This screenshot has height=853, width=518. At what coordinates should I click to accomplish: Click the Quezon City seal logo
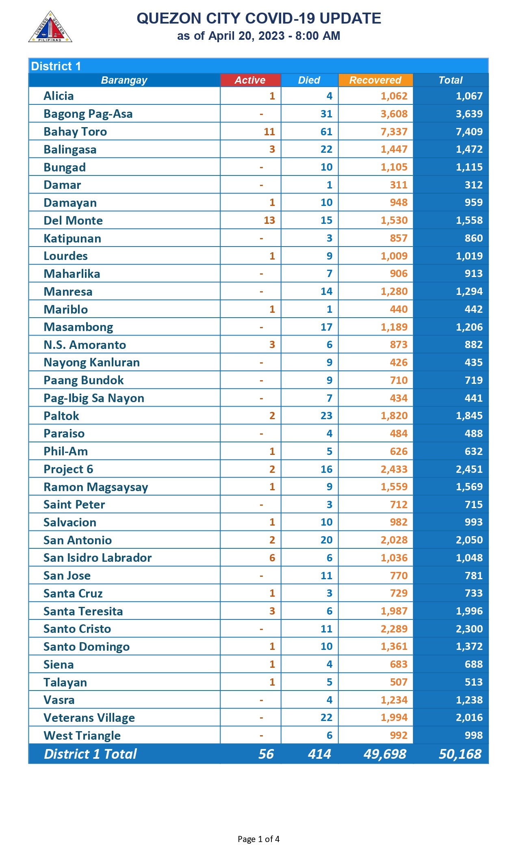point(50,27)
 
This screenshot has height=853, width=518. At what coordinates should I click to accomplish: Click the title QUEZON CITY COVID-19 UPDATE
point(259,19)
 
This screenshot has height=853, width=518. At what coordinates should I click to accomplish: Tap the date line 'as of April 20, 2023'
point(259,36)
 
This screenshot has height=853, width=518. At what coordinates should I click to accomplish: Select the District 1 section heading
point(56,66)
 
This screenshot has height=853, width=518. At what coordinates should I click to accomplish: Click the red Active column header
point(250,80)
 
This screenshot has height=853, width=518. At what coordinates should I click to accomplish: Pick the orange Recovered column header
point(375,80)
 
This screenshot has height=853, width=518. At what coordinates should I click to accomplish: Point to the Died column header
point(309,80)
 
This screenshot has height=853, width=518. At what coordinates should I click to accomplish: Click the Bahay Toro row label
point(75,132)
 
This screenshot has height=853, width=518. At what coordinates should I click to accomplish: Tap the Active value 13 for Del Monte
point(269,221)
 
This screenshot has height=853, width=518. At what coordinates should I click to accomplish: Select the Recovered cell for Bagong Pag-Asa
point(394,114)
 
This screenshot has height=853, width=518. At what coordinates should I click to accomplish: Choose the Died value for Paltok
point(326,416)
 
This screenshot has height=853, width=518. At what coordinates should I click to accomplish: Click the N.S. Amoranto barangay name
point(85,345)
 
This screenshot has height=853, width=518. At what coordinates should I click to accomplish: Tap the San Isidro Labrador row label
point(98,558)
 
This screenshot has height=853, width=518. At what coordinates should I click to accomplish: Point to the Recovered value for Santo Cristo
point(394,629)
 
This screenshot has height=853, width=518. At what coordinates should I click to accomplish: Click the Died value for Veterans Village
point(326,718)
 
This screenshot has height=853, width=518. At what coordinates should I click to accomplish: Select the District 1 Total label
point(90,754)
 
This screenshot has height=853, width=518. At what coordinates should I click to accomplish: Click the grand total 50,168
point(460,754)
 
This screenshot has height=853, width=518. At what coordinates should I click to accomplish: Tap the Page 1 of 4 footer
point(258,839)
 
